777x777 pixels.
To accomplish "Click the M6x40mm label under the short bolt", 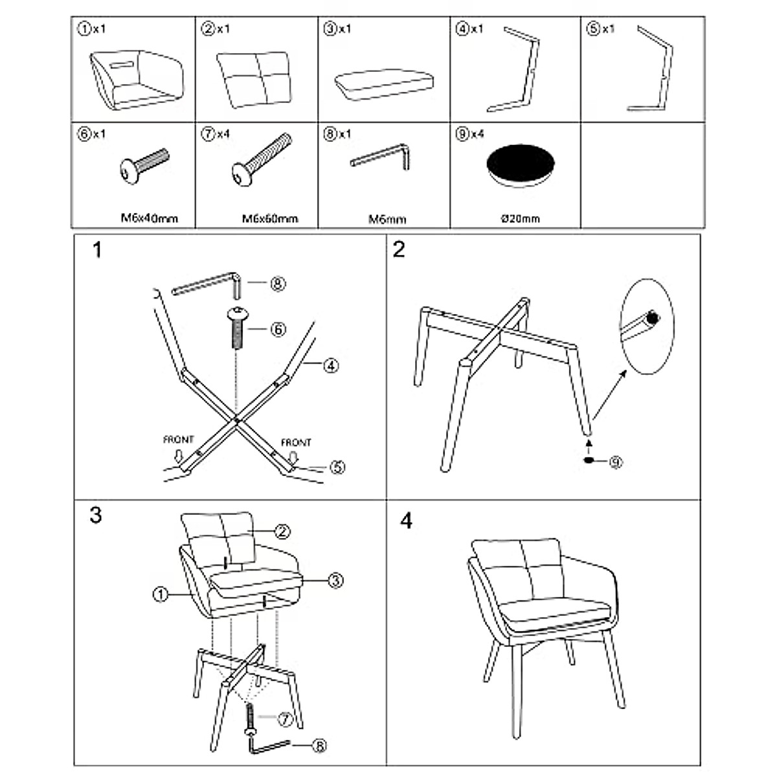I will point(149,218).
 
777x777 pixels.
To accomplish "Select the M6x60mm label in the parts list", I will point(270,219).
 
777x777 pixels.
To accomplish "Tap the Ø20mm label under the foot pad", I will point(520,219).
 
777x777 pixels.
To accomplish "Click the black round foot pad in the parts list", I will point(520,166).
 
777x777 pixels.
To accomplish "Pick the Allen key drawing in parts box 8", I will point(381,157).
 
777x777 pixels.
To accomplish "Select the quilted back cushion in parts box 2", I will point(254,78).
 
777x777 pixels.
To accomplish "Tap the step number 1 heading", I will point(97,250).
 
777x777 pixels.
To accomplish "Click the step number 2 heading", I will point(399,249).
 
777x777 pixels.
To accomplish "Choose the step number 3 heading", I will point(96,515).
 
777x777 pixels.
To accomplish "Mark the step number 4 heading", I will point(406,521).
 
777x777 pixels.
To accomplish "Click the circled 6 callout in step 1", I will point(278,330).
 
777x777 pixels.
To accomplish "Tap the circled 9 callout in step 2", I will point(615,462).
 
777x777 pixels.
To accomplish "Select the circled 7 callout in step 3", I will point(285,719).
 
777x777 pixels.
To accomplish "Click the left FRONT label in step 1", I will point(178,440).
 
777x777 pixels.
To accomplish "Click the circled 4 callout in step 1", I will point(331,366).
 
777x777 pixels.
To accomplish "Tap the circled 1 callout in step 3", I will point(160,594).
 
